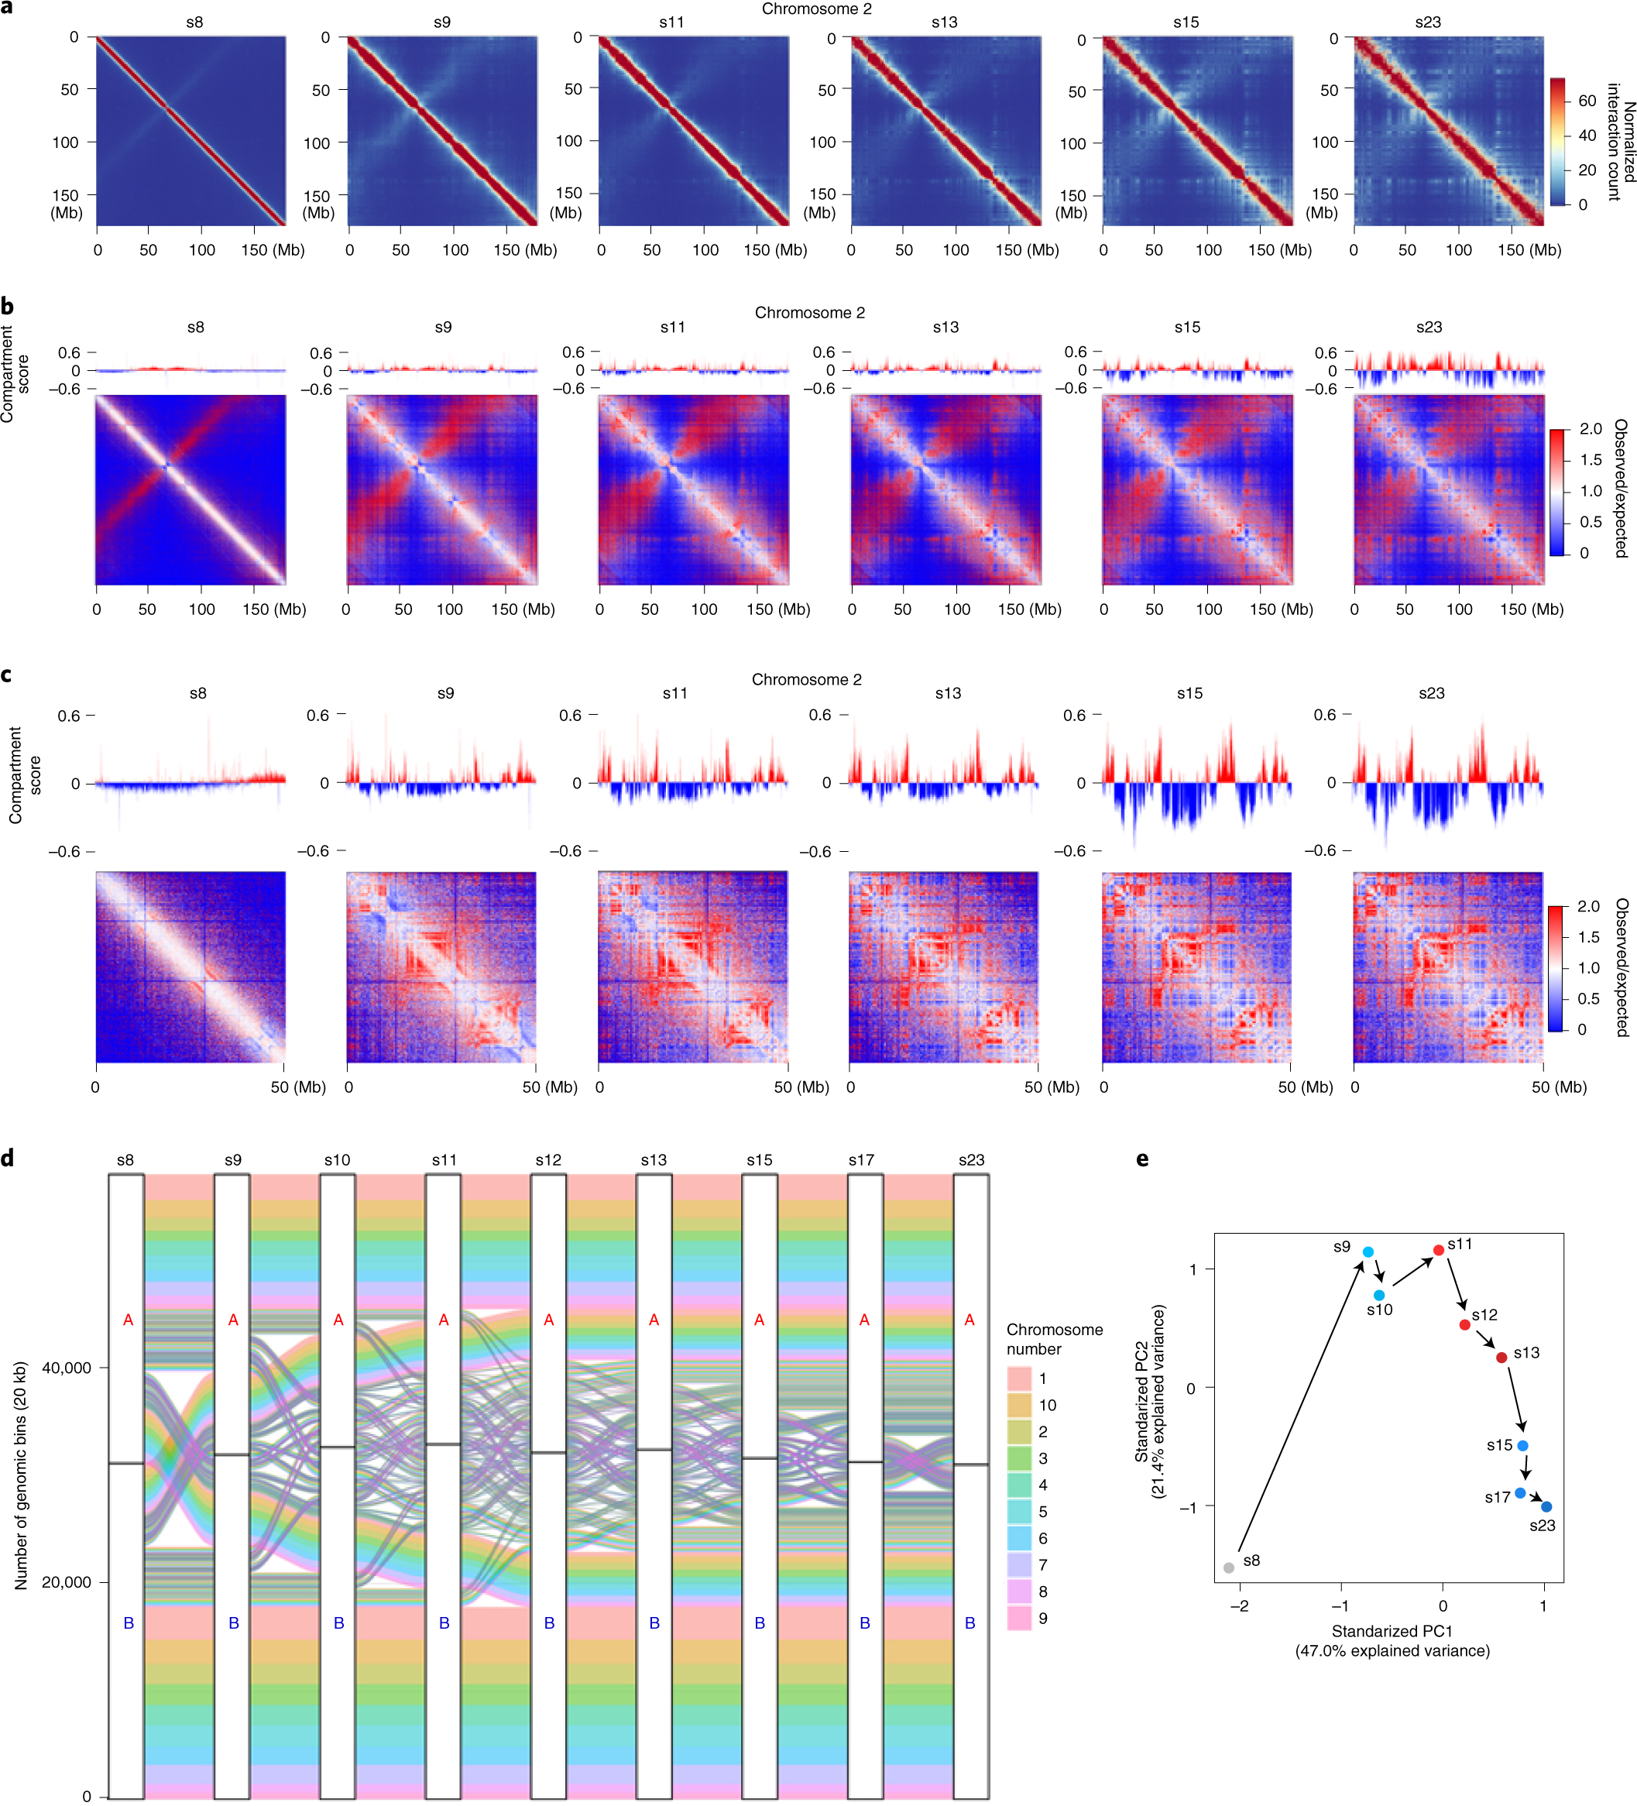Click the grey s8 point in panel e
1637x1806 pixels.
[x=1229, y=1567]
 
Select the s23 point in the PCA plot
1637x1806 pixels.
[x=1546, y=1507]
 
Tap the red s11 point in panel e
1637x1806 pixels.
[x=1438, y=1250]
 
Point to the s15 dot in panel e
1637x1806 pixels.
[x=1522, y=1446]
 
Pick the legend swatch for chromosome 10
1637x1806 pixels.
[x=1019, y=1405]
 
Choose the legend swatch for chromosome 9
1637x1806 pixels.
[x=1019, y=1618]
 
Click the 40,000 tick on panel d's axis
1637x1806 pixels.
[x=67, y=1368]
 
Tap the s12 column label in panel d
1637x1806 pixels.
[x=548, y=1160]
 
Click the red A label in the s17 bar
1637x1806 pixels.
[x=864, y=1320]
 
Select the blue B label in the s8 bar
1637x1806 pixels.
[x=128, y=1623]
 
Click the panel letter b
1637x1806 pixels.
[x=8, y=307]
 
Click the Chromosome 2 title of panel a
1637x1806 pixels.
[x=816, y=9]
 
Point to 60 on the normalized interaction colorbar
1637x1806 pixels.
[x=1587, y=101]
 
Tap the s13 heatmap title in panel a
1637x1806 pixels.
[x=944, y=22]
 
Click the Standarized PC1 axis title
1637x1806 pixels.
[x=1392, y=1631]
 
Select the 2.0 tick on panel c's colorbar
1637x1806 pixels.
[x=1587, y=907]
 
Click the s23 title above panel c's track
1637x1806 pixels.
[x=1431, y=693]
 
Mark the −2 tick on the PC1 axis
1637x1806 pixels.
[x=1240, y=1606]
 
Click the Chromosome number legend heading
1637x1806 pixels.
[x=1054, y=1339]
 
